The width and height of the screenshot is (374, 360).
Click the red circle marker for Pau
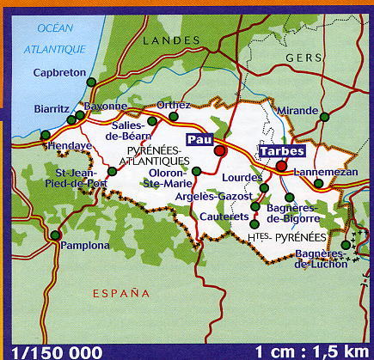coord(220,150)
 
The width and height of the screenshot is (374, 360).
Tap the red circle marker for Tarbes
coord(281,166)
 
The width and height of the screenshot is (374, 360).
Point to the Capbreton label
coord(60,73)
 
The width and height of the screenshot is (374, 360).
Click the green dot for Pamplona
coord(55,235)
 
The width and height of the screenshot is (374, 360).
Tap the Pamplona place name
coord(86,246)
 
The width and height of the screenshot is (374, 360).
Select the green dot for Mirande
coord(324,116)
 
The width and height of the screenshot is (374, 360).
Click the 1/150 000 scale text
coord(52,351)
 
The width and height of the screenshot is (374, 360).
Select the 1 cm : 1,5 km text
coord(312,351)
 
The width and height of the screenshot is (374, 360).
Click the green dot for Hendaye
coord(45,134)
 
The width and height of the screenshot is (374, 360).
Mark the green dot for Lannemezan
coord(319,183)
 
